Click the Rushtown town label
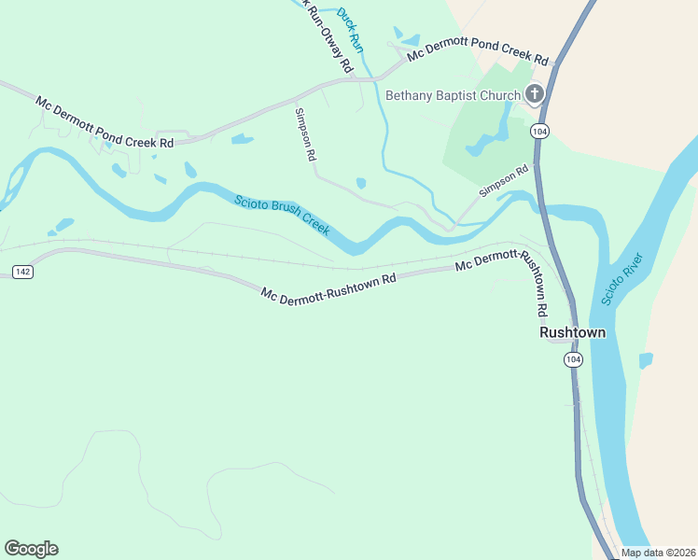click(572, 332)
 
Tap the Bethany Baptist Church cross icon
click(534, 93)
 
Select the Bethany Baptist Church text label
click(453, 94)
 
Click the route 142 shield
click(23, 271)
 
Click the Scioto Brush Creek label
click(282, 215)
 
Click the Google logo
click(31, 548)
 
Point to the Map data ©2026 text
click(658, 553)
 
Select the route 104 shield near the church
click(538, 132)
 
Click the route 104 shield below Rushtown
click(573, 359)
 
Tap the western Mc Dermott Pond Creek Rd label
click(105, 121)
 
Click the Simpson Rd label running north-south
click(304, 135)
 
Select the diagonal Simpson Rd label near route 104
click(504, 181)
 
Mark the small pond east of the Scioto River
click(645, 360)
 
